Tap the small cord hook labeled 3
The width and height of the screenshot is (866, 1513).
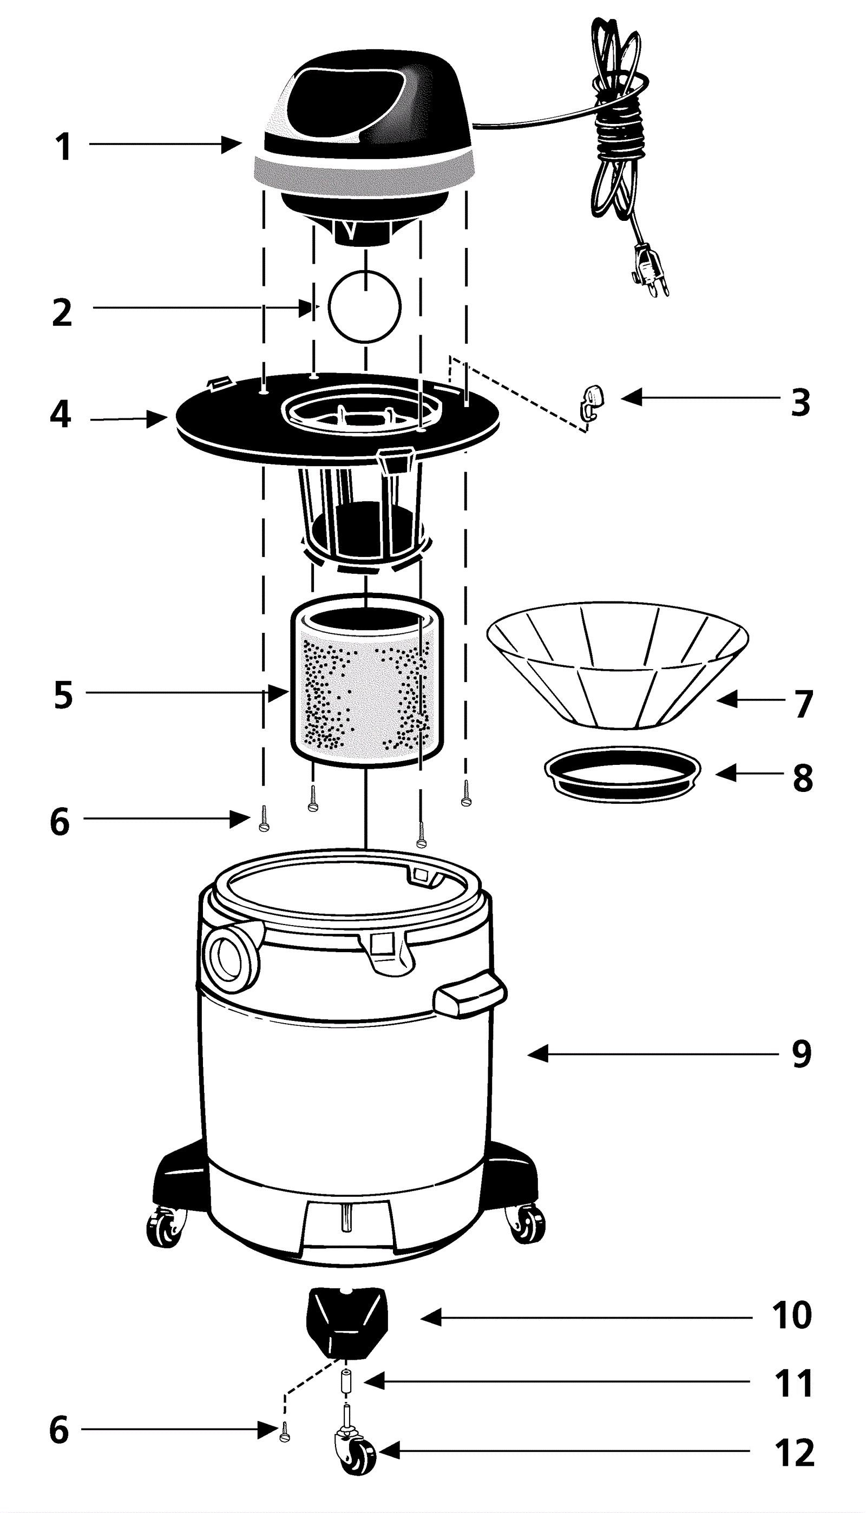(x=592, y=400)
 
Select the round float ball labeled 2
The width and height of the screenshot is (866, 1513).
(x=365, y=306)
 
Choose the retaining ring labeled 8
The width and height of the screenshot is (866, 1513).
(x=622, y=769)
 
